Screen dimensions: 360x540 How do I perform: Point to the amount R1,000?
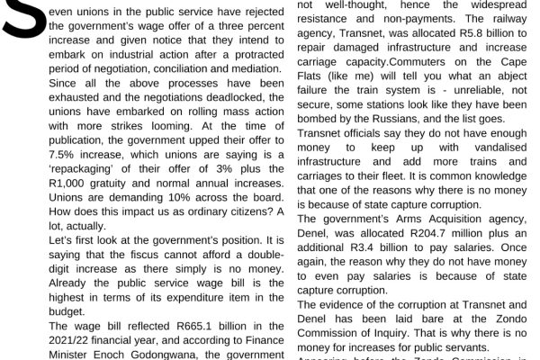[x=68, y=211]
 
